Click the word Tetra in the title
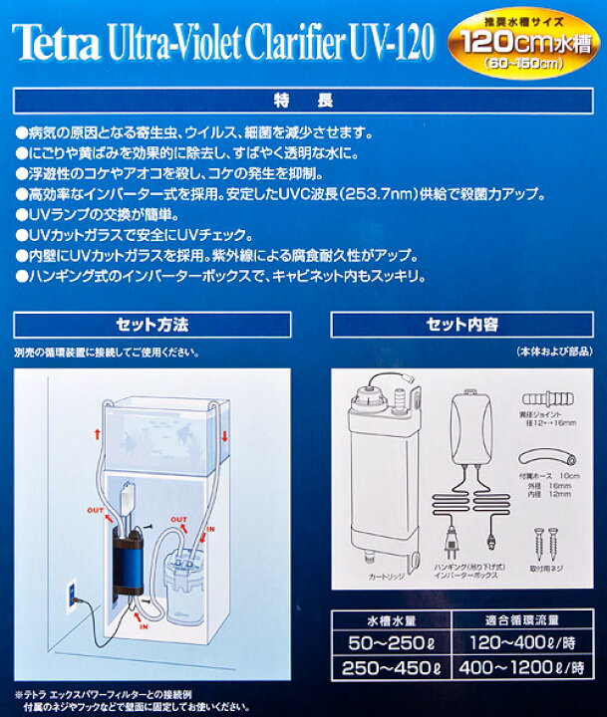coord(52,41)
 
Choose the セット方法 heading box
coord(152,325)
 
